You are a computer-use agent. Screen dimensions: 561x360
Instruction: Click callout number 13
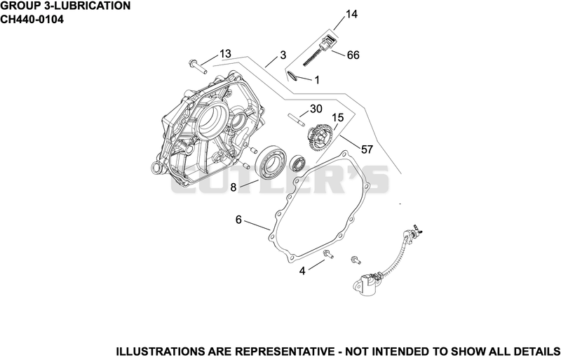(225, 54)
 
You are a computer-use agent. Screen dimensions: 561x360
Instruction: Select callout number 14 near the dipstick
(352, 14)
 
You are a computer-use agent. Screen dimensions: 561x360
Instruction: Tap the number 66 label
(353, 55)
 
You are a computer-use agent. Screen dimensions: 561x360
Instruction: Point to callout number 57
(367, 149)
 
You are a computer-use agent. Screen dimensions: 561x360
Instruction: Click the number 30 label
(316, 109)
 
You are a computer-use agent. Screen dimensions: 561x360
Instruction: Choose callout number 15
(338, 117)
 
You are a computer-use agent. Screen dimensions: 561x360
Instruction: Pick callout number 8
(234, 187)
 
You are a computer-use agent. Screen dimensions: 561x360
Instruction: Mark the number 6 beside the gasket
(238, 220)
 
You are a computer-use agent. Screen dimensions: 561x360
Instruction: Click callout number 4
(302, 271)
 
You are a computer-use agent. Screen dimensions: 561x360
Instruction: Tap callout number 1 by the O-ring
(317, 80)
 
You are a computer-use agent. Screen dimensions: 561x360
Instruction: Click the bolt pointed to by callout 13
(198, 67)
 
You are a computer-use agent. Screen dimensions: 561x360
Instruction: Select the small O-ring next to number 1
(292, 76)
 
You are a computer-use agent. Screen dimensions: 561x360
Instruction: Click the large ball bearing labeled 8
(270, 161)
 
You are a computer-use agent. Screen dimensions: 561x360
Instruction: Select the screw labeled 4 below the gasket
(327, 255)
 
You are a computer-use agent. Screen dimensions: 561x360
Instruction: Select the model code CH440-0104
(32, 20)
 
